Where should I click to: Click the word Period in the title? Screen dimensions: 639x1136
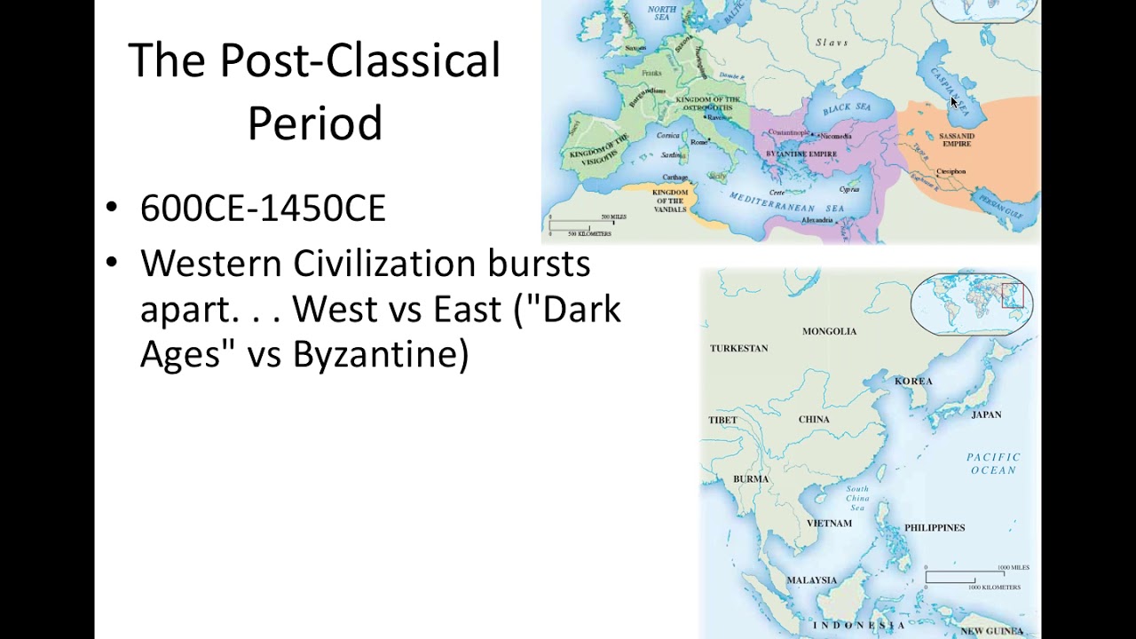(x=314, y=123)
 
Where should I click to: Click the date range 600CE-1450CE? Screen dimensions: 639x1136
(x=263, y=209)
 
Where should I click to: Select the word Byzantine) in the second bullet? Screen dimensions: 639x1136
(x=380, y=354)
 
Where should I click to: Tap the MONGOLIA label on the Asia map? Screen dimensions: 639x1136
(x=829, y=331)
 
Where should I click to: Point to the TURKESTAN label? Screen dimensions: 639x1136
(x=738, y=348)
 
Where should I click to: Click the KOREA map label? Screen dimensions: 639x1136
(x=913, y=381)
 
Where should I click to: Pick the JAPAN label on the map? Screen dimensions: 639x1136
(x=986, y=414)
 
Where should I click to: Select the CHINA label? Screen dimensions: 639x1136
(x=814, y=419)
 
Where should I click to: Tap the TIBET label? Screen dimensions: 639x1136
(x=722, y=420)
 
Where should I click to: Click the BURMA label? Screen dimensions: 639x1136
(x=751, y=479)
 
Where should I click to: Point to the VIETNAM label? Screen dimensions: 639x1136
(x=828, y=524)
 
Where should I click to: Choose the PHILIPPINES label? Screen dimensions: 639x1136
(x=934, y=528)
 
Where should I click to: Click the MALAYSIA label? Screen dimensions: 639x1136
(x=811, y=580)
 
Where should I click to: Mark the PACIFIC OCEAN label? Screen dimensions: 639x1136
(x=993, y=463)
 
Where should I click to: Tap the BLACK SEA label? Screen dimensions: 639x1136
(x=847, y=108)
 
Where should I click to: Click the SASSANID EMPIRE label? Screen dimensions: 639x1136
(x=956, y=139)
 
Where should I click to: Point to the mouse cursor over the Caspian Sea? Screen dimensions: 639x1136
(x=953, y=101)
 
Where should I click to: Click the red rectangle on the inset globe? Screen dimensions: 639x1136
(x=1012, y=296)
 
